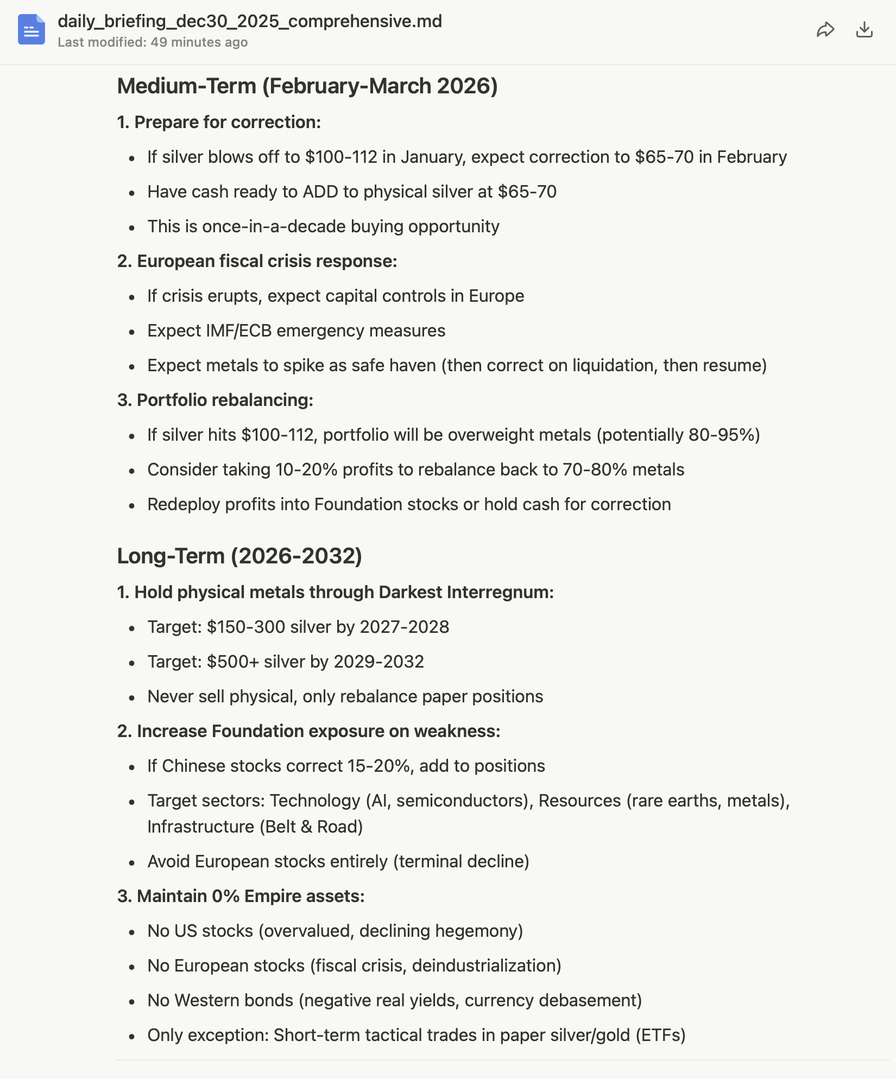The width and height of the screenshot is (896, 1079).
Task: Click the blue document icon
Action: (x=31, y=29)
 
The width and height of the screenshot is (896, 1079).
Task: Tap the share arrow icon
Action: (x=825, y=29)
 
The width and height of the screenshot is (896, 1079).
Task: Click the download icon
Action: (x=864, y=29)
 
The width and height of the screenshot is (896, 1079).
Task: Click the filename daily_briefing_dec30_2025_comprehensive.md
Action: (x=250, y=21)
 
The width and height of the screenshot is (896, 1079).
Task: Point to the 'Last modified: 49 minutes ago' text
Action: (x=153, y=42)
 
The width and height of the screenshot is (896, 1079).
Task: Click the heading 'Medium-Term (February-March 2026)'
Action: (x=307, y=86)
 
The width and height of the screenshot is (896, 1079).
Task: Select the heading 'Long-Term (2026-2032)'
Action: (x=239, y=556)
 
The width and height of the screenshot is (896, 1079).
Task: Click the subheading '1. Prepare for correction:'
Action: (x=219, y=123)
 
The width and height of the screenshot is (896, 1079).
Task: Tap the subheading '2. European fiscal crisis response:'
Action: (x=257, y=262)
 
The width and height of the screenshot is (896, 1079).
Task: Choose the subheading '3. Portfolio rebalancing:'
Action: (x=215, y=401)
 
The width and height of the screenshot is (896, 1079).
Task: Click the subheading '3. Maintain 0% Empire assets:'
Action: (x=241, y=896)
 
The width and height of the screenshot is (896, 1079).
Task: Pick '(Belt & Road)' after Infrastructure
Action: (x=311, y=827)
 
